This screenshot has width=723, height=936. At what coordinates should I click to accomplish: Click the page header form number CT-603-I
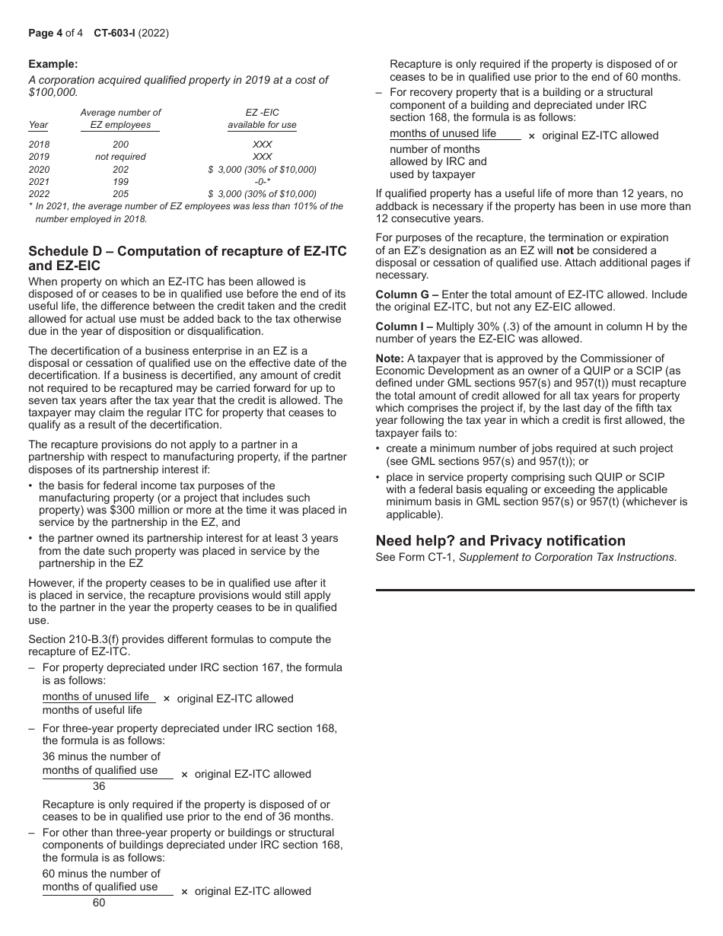coord(115,33)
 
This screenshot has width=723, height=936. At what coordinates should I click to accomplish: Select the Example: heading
coord(53,65)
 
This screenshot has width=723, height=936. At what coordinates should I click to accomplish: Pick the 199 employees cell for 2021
coord(120,182)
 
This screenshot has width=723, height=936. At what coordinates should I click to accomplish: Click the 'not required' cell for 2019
coord(120,157)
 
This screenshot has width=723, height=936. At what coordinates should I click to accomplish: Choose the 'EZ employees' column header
coord(120,125)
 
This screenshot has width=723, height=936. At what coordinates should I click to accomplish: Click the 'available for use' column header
coord(262,125)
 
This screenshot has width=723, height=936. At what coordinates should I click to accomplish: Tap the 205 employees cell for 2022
coord(120,194)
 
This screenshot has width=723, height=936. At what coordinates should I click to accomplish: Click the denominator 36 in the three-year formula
coord(99,786)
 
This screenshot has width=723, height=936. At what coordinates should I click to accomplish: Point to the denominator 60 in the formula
coord(99,903)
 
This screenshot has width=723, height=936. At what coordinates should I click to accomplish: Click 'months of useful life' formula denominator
coord(92,710)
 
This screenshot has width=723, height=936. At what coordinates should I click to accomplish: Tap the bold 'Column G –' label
coord(406,294)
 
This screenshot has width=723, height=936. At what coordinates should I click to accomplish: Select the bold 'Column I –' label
coord(405,326)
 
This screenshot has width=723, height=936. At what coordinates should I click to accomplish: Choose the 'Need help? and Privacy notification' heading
coord(501,541)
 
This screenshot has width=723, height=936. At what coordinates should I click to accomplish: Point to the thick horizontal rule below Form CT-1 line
coord(535,590)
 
